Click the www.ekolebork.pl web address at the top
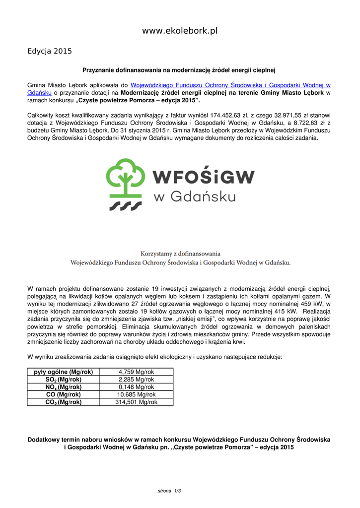[x=180, y=31]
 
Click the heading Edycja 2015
[x=50, y=51]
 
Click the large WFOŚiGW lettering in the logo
[x=203, y=177]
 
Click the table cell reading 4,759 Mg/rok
[x=136, y=372]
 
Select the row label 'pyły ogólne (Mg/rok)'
[x=64, y=372]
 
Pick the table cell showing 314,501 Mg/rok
[x=136, y=402]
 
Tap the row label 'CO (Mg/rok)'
[x=64, y=395]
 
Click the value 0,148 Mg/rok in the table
[x=136, y=387]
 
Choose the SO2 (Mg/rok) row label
[x=64, y=380]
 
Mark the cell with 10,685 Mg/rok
[x=136, y=395]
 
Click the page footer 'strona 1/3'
[x=169, y=491]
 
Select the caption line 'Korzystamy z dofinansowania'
[x=180, y=254]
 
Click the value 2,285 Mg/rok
[x=136, y=380]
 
